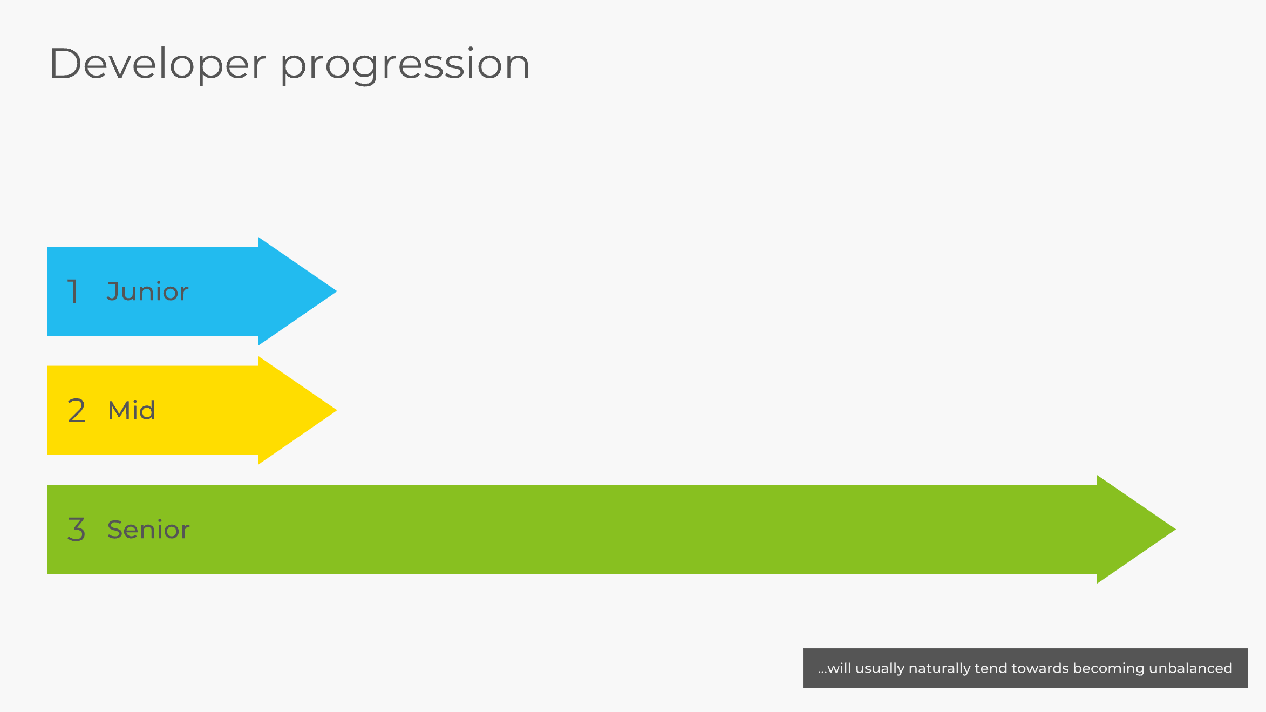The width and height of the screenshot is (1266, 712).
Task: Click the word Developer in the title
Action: [158, 64]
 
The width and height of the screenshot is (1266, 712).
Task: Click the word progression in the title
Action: [405, 66]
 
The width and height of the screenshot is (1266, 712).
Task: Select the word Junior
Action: [147, 291]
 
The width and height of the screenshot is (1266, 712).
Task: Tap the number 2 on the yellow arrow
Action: [77, 411]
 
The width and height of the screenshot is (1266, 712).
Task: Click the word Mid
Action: [132, 411]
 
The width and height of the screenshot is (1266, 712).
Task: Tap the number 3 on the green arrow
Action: [77, 530]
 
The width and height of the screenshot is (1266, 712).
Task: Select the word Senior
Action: [148, 530]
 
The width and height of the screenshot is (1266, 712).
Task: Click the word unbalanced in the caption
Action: [1190, 668]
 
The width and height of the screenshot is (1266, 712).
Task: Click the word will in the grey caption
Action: [839, 668]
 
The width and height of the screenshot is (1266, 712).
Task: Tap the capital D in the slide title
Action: [65, 64]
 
